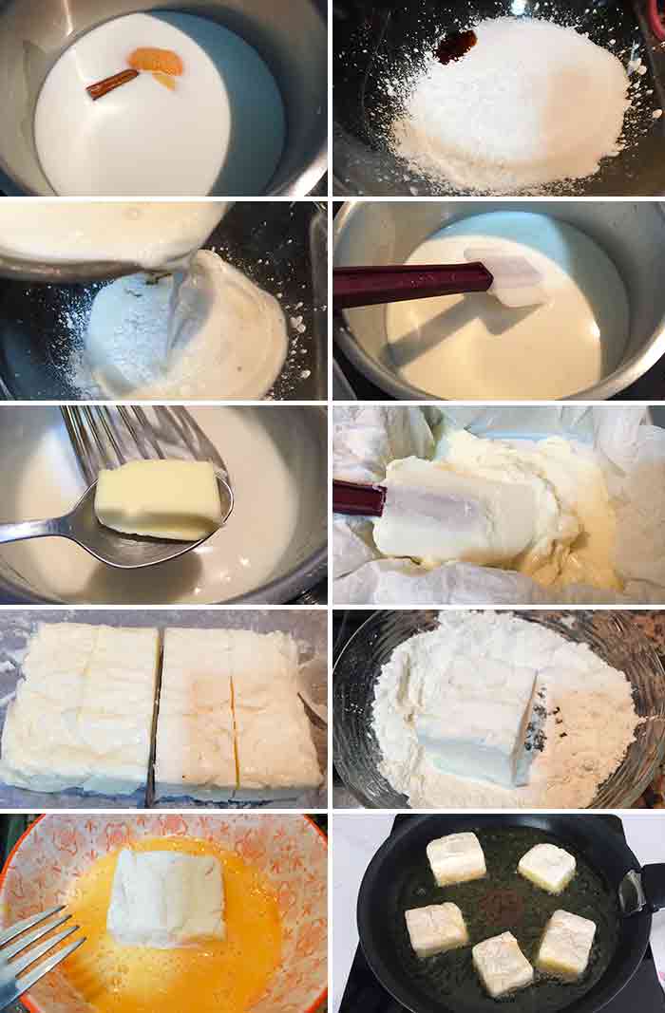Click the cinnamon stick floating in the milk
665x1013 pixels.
112,84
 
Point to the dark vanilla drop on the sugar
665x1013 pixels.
457,45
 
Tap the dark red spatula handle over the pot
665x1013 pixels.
408,283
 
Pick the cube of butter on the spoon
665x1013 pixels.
159,497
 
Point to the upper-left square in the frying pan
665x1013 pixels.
456,857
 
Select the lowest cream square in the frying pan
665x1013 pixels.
502,962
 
